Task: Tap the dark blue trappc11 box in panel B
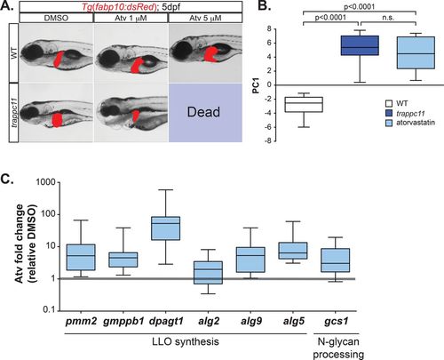(360, 45)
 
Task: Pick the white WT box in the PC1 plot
(304, 104)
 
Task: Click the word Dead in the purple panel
(203, 112)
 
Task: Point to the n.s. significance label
(388, 18)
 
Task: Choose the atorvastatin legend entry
(410, 123)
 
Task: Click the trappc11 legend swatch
(389, 113)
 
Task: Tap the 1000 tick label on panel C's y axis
(45, 182)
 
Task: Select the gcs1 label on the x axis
(336, 322)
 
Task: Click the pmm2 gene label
(81, 322)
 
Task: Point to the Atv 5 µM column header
(205, 18)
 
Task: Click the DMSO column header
(56, 18)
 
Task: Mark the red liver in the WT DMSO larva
(59, 59)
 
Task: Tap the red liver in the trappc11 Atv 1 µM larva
(135, 116)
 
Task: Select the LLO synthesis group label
(186, 341)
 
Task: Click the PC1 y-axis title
(256, 85)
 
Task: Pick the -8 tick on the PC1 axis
(268, 141)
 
